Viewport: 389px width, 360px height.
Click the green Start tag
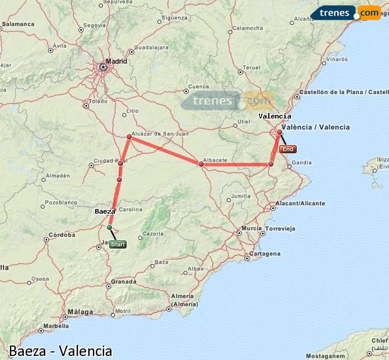(117, 244)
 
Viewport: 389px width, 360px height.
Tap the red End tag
(288, 149)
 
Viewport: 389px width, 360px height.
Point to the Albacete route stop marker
(201, 164)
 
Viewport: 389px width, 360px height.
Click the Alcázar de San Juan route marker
(129, 137)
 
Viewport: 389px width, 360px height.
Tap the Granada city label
(124, 282)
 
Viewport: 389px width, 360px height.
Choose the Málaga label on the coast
(80, 312)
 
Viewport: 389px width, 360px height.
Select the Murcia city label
(251, 228)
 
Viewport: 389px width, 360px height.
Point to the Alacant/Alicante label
(300, 204)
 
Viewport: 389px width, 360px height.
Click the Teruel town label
(251, 67)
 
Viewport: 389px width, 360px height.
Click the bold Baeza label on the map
(105, 212)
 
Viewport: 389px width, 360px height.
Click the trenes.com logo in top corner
(345, 12)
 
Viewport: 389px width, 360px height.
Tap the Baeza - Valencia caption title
(60, 351)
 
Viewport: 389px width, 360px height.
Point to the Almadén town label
(58, 175)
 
